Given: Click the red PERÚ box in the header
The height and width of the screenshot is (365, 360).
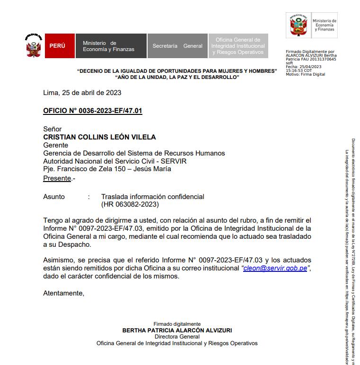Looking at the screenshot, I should click(57, 46).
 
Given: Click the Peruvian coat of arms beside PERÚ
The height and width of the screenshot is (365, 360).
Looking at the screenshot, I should click(33, 46).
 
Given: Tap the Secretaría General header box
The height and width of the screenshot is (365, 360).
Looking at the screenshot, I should click(177, 46).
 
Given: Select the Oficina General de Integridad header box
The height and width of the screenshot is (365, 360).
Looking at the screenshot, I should click(238, 46).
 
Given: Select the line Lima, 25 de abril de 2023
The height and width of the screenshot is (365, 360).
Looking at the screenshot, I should click(82, 93).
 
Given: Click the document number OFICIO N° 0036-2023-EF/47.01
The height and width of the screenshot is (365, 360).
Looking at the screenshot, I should click(93, 111).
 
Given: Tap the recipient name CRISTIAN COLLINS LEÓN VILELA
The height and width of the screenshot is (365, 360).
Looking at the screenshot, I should click(99, 137).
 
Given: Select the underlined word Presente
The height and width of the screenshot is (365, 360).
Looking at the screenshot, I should click(57, 178).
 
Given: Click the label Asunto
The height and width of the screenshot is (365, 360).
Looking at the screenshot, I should click(54, 196).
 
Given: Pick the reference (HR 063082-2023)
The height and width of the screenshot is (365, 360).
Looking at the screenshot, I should click(130, 204).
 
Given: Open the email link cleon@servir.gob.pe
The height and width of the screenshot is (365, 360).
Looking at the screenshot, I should click(275, 268).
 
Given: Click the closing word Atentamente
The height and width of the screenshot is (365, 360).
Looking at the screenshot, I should click(63, 293).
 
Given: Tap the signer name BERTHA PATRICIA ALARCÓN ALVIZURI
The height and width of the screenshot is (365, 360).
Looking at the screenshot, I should click(177, 330).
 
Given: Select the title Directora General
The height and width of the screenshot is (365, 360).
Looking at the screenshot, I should click(177, 337).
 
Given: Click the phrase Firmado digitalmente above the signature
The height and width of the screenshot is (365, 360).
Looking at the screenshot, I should click(177, 324).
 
